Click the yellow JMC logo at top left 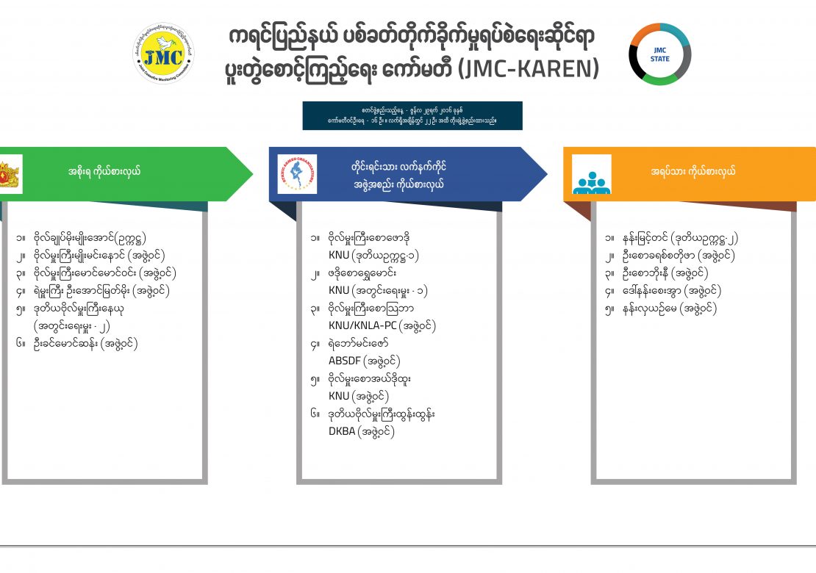tap(163, 53)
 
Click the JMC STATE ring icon tap(659, 54)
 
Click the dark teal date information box tap(412, 115)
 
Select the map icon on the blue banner tap(297, 174)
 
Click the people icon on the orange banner tap(591, 175)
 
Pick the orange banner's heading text tap(693, 172)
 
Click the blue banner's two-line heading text tap(398, 175)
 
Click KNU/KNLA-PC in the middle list tap(361, 325)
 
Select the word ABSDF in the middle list tap(344, 361)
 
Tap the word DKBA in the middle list tap(341, 432)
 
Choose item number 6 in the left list tap(85, 343)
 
